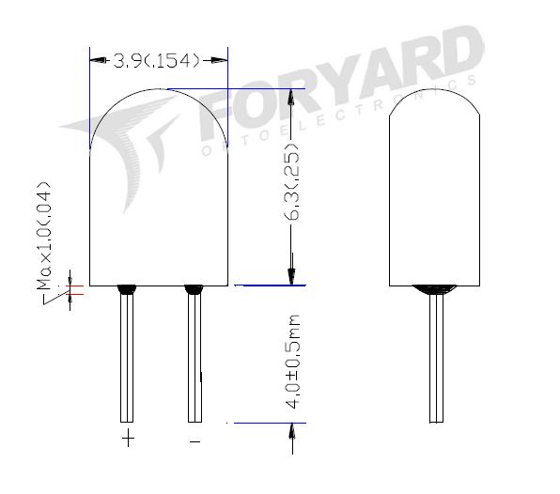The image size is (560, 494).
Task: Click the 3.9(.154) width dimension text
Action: point(157,61)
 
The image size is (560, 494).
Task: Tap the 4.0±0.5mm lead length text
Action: point(293,361)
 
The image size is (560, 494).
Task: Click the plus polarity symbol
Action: point(128,439)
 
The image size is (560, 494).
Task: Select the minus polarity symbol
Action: point(194,440)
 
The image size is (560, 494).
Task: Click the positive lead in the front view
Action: point(126,357)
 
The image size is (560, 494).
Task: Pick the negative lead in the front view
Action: point(194,357)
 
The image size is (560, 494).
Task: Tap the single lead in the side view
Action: point(435,357)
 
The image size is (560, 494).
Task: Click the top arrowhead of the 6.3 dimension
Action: point(291,97)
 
